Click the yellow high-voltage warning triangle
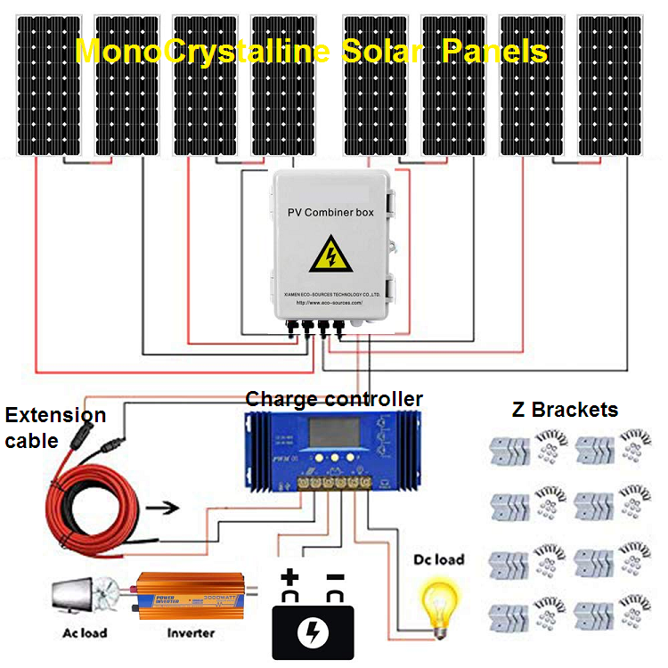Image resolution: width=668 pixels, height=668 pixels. (330, 255)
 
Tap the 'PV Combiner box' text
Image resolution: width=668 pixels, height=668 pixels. (330, 212)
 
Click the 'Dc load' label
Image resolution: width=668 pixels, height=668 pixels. (439, 559)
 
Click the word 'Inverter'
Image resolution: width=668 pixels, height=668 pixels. (191, 633)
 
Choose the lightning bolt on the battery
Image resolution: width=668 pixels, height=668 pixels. (313, 633)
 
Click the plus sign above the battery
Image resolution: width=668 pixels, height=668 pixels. (289, 580)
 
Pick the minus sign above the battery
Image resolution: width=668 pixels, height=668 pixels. (335, 579)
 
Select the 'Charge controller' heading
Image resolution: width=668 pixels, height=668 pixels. (334, 398)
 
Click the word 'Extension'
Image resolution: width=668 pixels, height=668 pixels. (55, 415)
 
